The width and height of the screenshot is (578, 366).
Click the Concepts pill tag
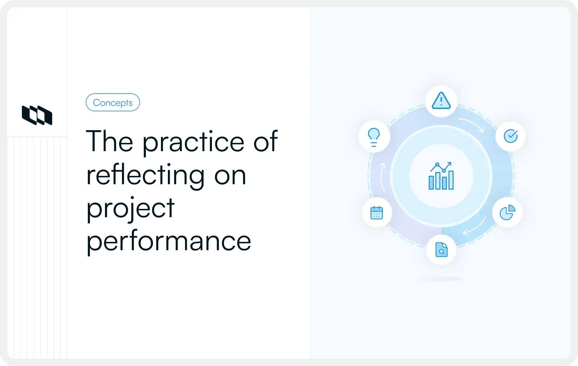point(113,102)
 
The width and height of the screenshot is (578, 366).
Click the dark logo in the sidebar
point(37,115)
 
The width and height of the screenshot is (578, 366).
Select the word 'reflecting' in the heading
point(145,175)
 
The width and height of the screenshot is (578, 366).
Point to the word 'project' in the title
point(130,209)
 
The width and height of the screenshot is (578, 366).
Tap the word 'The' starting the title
point(109,141)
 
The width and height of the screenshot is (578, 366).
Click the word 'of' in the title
point(266,141)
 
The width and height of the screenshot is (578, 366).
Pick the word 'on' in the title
point(230,175)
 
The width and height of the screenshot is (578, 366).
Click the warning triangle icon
point(441,101)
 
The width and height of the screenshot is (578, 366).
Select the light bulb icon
point(374,137)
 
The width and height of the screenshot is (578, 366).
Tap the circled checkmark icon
point(511,136)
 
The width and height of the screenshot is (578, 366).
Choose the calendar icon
point(377,213)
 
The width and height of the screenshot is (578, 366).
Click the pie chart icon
point(507,212)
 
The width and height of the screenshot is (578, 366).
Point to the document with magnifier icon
point(441,250)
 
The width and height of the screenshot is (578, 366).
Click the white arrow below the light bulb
point(382,177)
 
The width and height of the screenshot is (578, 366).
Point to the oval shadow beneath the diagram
point(441,279)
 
